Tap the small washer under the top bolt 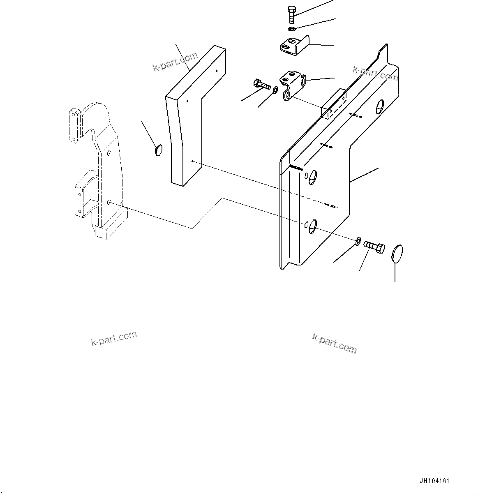click(291, 29)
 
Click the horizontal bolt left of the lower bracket click(261, 85)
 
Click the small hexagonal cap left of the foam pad click(159, 150)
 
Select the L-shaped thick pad click(193, 119)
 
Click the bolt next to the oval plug click(374, 247)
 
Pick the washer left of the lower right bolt click(358, 240)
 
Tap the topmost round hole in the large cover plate click(379, 106)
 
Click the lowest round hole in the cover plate click(312, 224)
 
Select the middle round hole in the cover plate click(312, 176)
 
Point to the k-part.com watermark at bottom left click(114, 339)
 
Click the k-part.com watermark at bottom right click(334, 343)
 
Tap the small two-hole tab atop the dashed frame click(74, 125)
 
